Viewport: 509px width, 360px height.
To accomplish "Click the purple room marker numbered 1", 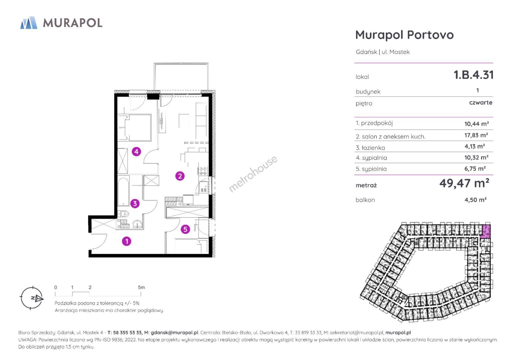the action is tap(127, 241).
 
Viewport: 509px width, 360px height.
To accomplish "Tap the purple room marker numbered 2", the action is tap(180, 176).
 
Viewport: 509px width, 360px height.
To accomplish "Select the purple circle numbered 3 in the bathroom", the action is tap(135, 204).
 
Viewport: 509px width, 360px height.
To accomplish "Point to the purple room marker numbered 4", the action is tap(136, 151).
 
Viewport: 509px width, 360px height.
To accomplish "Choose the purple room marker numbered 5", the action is tap(186, 229).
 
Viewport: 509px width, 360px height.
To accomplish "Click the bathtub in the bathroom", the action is tap(123, 191).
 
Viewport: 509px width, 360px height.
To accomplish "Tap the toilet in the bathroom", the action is tap(124, 214).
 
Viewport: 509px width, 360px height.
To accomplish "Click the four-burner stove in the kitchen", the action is tap(203, 171).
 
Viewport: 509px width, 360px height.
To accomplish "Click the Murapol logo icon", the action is tap(29, 23).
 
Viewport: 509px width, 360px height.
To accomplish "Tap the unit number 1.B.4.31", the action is tap(474, 75).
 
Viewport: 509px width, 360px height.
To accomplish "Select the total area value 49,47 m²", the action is tap(464, 183).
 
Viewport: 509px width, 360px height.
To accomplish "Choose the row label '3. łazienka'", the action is tap(370, 148).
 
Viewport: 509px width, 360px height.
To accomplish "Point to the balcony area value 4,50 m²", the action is tap(475, 200).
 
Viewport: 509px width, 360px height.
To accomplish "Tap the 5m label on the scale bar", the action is tap(141, 287).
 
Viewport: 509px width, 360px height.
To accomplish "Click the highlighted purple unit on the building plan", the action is tap(486, 231).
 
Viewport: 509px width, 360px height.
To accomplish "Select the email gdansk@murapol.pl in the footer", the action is tap(175, 332).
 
